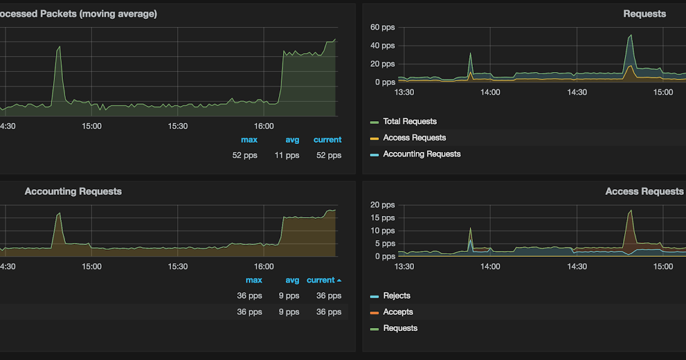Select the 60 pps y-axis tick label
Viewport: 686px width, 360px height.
pyautogui.click(x=382, y=27)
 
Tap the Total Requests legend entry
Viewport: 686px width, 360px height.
pyautogui.click(x=409, y=121)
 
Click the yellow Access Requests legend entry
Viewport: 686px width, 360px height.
pyautogui.click(x=414, y=138)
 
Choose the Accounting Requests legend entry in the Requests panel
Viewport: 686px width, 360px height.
pyautogui.click(x=421, y=154)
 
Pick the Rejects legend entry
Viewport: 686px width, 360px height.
pyautogui.click(x=396, y=296)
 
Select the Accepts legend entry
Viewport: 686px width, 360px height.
pyautogui.click(x=398, y=312)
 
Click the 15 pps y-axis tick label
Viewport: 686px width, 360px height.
pyautogui.click(x=382, y=218)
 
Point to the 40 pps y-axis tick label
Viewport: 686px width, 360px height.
pyautogui.click(x=382, y=46)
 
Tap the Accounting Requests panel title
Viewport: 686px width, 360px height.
pyautogui.click(x=73, y=191)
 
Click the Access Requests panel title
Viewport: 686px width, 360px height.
pyautogui.click(x=644, y=191)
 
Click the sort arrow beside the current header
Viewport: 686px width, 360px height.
pyautogui.click(x=339, y=281)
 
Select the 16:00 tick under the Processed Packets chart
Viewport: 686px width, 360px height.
pyautogui.click(x=264, y=126)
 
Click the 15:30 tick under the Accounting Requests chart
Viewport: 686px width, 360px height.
pyautogui.click(x=178, y=266)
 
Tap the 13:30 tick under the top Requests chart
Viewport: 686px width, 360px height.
pyautogui.click(x=404, y=92)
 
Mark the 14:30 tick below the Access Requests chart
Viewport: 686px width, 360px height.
pyautogui.click(x=577, y=266)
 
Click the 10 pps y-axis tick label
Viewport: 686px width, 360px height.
pyautogui.click(x=382, y=231)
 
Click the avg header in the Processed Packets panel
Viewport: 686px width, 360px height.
pyautogui.click(x=292, y=139)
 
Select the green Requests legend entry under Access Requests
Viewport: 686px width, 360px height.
pyautogui.click(x=400, y=328)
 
